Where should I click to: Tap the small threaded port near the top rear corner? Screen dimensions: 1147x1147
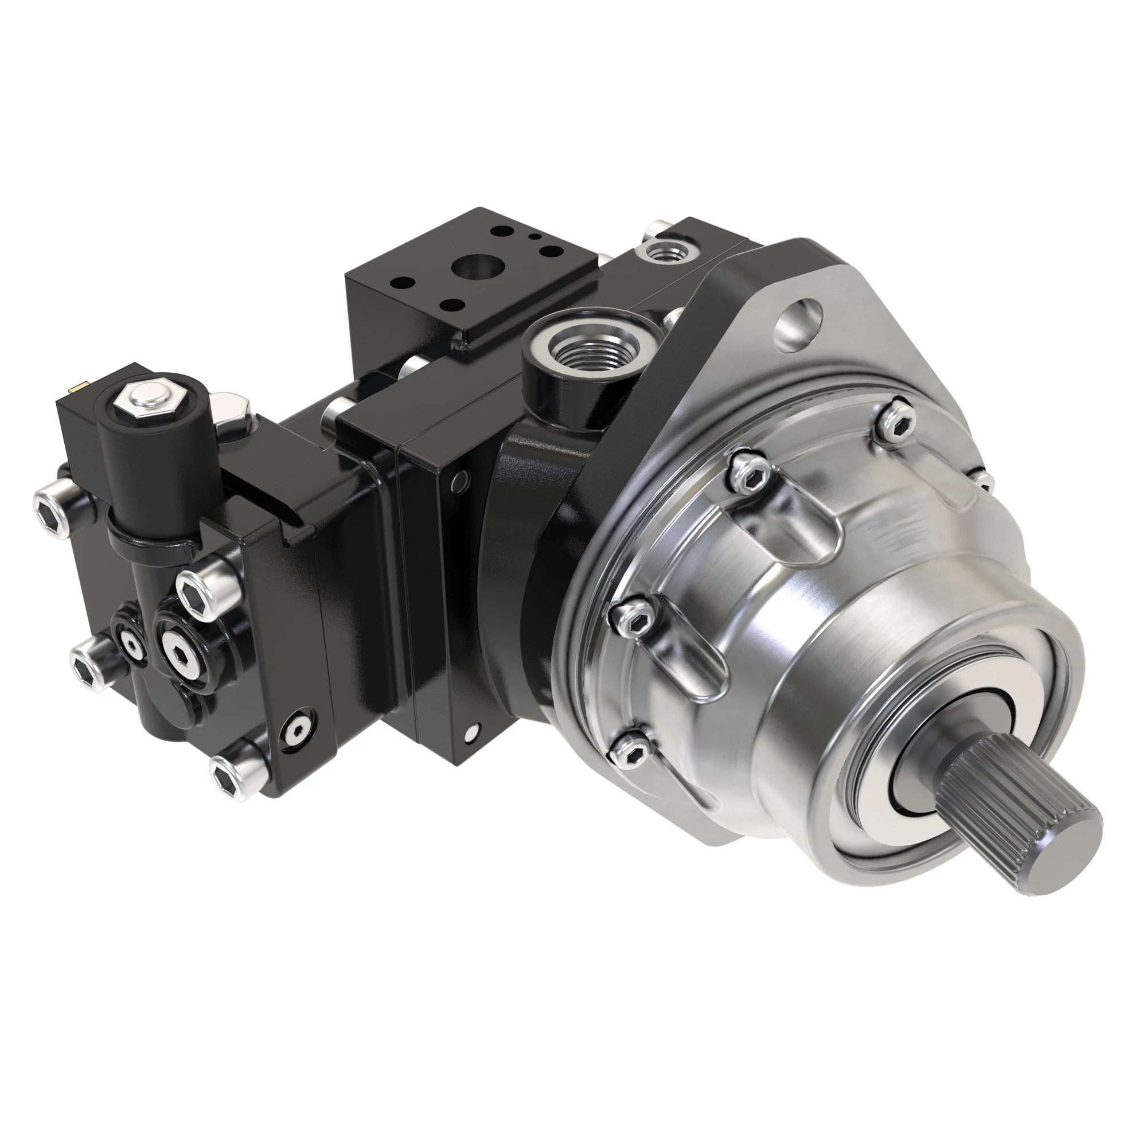[664, 252]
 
